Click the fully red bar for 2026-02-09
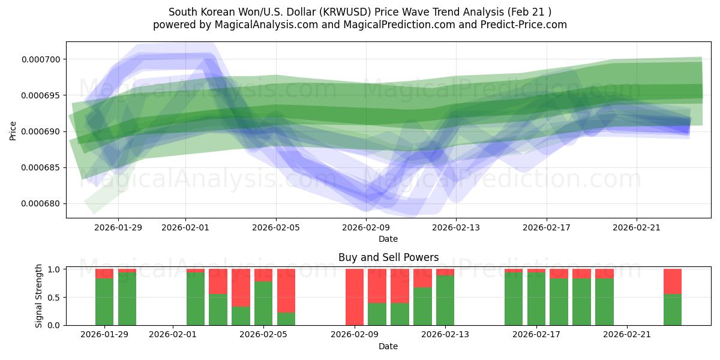355,297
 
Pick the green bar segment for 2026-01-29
104,302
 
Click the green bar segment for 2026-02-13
445,300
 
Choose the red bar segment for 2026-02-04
241,287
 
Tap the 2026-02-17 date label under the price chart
546,227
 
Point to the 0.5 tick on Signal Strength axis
53,298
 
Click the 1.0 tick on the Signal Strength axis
53,269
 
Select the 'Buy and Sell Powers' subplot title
388,257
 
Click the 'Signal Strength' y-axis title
39,296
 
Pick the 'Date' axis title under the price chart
388,239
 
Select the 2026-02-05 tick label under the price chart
276,227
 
